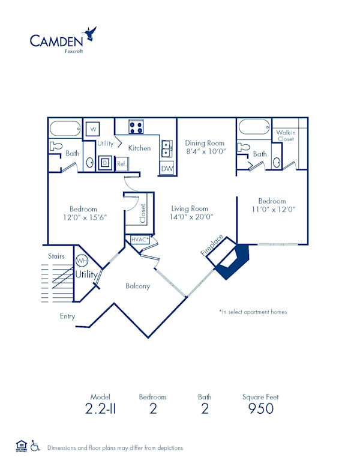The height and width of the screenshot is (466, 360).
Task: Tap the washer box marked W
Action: (x=93, y=129)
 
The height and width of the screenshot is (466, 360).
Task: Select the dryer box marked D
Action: (x=104, y=162)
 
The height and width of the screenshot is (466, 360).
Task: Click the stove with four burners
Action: (x=136, y=127)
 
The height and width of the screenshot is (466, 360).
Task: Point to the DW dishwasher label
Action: (x=166, y=169)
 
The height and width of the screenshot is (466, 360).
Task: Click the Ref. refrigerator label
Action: (x=121, y=163)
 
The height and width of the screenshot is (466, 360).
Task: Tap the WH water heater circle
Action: (x=81, y=261)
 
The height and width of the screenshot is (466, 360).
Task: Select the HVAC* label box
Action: (x=139, y=239)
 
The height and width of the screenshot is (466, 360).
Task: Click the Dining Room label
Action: (x=205, y=143)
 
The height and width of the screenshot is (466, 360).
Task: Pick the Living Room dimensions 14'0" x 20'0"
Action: (x=191, y=217)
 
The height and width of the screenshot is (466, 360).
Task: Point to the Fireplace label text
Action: (x=212, y=246)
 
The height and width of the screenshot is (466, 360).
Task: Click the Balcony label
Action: (x=137, y=286)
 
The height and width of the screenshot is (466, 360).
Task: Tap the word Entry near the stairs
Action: (x=68, y=316)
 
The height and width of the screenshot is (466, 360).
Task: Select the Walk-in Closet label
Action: (x=286, y=135)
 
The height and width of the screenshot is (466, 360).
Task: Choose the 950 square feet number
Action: (x=260, y=409)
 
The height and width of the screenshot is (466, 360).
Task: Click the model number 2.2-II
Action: (x=101, y=409)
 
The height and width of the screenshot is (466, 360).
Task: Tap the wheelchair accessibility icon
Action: (x=35, y=446)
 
